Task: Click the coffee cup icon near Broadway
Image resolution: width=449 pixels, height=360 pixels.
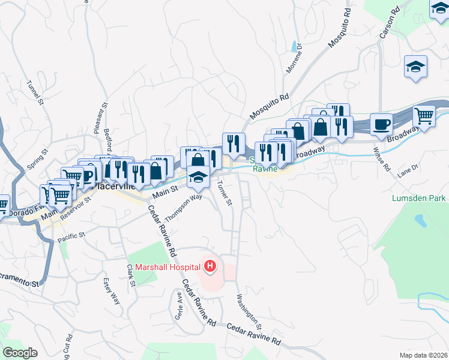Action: (x=381, y=125)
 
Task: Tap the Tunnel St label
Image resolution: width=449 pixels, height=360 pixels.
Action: (x=36, y=94)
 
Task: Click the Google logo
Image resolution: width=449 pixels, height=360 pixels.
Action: (x=20, y=353)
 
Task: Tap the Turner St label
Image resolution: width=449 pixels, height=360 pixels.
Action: (x=224, y=193)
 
